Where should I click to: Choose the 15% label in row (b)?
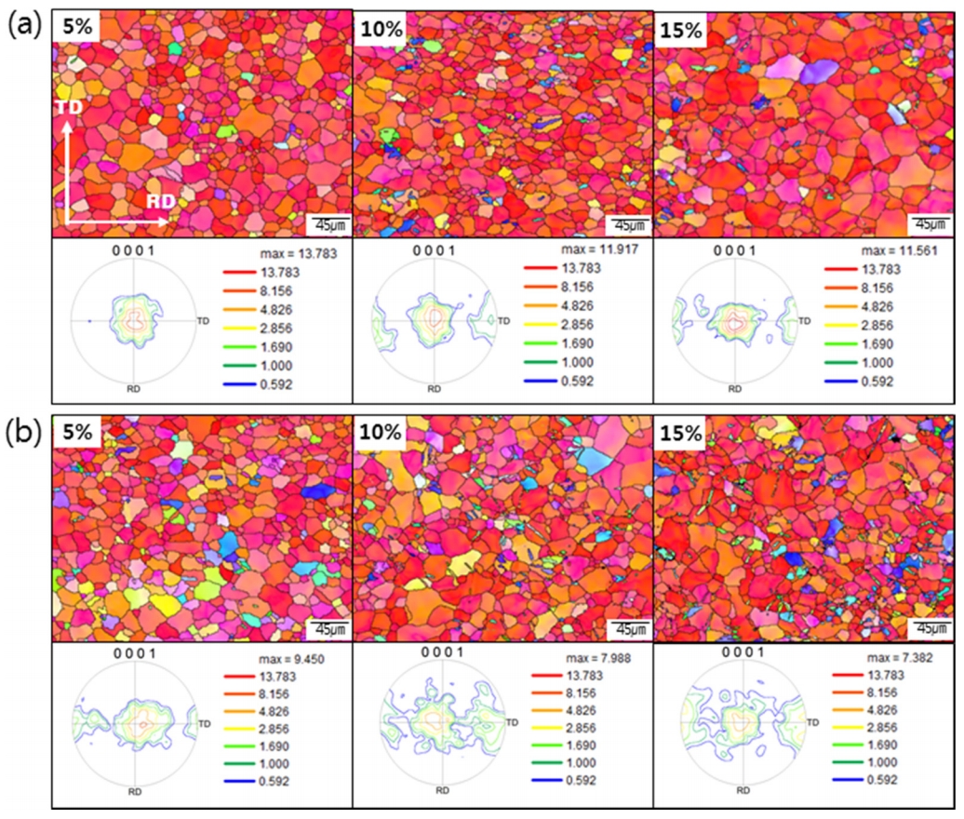[x=682, y=435]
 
